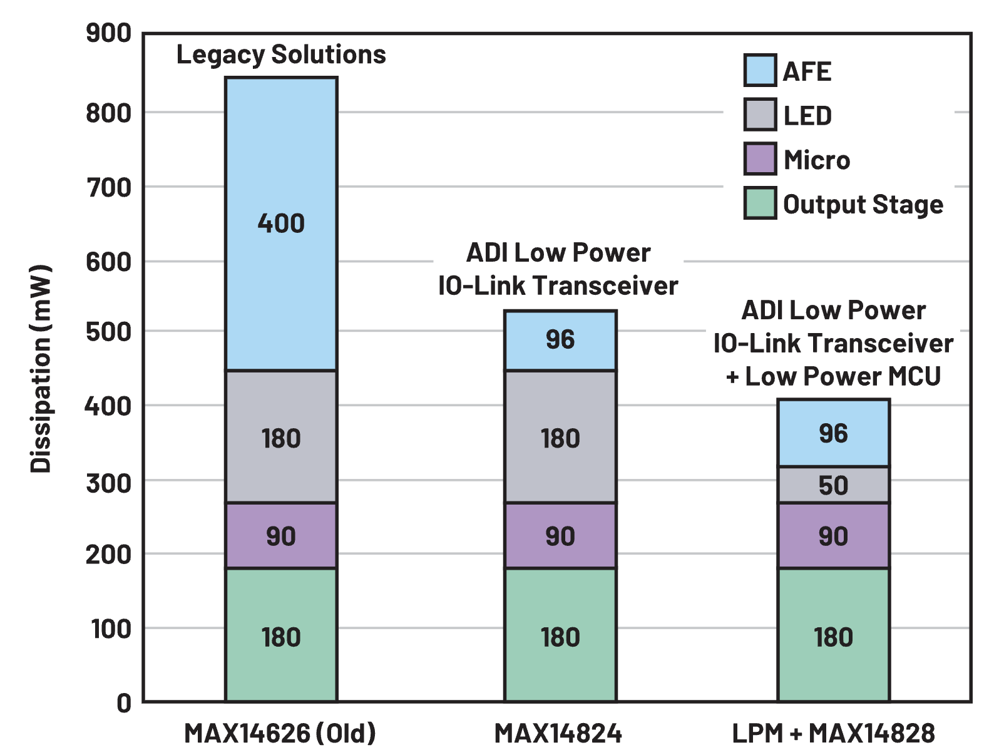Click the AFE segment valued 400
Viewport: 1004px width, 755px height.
(281, 223)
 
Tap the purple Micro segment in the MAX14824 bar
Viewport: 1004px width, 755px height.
(560, 535)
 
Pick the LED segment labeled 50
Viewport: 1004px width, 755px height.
(833, 485)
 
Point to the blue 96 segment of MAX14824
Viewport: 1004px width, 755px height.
(560, 340)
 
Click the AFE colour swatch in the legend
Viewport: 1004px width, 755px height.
(760, 70)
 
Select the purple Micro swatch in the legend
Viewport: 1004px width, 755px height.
(760, 159)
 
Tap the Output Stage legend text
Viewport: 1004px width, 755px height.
(863, 205)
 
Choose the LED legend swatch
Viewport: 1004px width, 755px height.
(760, 115)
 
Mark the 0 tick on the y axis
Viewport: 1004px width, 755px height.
(124, 703)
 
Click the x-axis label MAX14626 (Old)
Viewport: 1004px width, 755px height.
(280, 733)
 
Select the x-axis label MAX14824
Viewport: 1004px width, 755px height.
(558, 733)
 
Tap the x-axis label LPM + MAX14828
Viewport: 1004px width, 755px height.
(833, 733)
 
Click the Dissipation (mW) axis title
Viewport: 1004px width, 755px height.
(41, 369)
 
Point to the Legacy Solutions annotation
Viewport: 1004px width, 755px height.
(281, 54)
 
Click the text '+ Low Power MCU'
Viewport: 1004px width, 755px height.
(833, 376)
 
